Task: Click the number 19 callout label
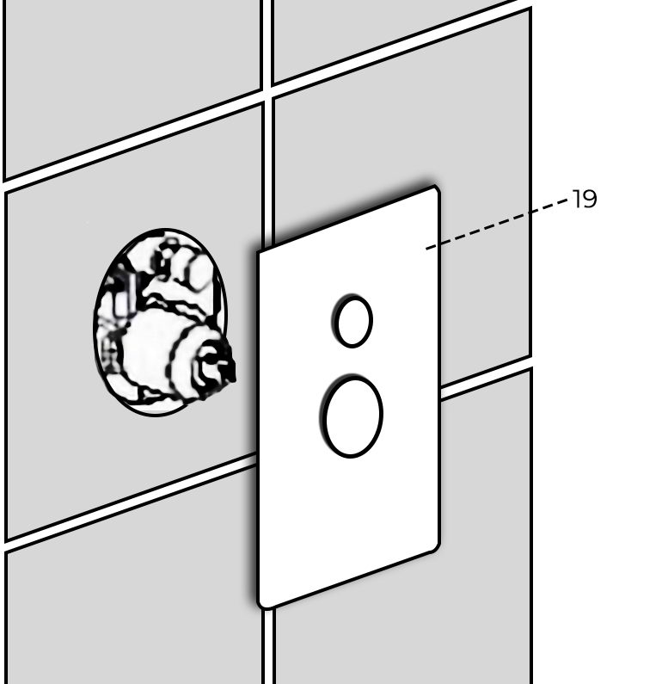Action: (x=584, y=199)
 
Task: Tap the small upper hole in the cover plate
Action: (x=352, y=321)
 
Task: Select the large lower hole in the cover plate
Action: (x=352, y=416)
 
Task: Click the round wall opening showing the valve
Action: (x=162, y=322)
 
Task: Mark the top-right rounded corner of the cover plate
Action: (x=435, y=189)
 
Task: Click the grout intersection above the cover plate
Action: (x=267, y=95)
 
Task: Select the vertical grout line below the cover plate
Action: (x=268, y=645)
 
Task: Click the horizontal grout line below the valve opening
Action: (x=131, y=502)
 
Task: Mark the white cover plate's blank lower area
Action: (x=349, y=523)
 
